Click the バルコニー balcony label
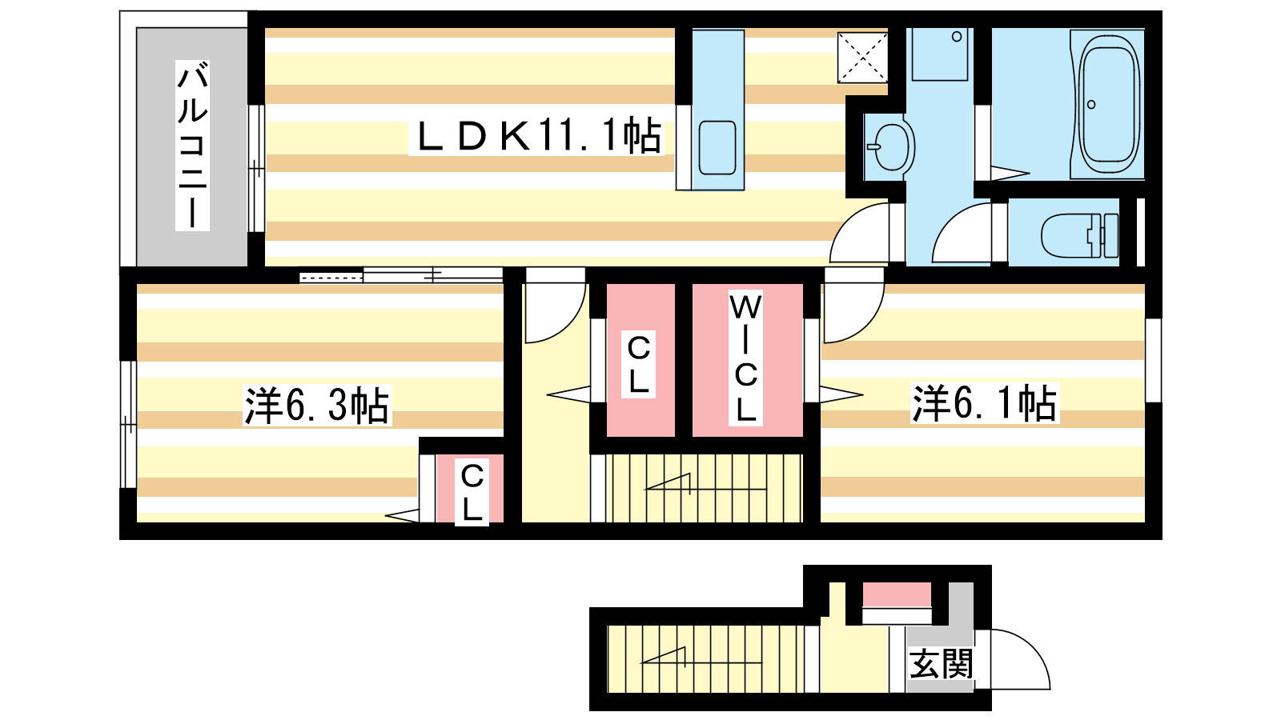pos(192,146)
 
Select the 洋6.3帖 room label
pos(317,405)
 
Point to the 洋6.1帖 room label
pos(984,403)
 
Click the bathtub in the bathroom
pos(1108,105)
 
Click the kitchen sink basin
pos(717,147)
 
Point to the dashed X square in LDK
pos(862,57)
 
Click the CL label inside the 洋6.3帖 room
pos(472,492)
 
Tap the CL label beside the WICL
pos(638,364)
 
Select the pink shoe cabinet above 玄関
pos(897,595)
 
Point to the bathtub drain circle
pos(1091,105)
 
